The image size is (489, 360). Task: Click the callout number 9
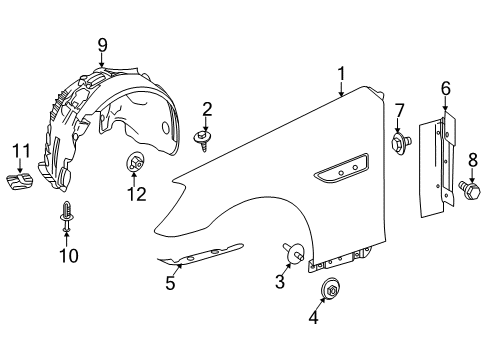coord(102,45)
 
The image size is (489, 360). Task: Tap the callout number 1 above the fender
coord(341,74)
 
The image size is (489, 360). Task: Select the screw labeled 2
coord(203,140)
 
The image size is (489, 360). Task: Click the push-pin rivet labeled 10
coord(67,216)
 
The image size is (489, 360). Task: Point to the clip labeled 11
coord(20,181)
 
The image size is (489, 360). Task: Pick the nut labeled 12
coord(135,163)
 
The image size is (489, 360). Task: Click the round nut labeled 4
coord(331,289)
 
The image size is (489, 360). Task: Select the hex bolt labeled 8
coord(470,190)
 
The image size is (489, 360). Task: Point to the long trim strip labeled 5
coord(200,255)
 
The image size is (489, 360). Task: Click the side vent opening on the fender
coord(341,168)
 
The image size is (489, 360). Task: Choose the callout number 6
coord(446,89)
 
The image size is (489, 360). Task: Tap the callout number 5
coord(170,283)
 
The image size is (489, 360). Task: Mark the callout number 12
coord(136,194)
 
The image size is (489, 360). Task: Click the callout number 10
coord(69,256)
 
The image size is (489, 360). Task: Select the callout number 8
coord(473,160)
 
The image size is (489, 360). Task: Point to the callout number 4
coord(313,317)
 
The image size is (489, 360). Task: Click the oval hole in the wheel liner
coord(165,128)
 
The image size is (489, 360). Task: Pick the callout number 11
coord(21,151)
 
